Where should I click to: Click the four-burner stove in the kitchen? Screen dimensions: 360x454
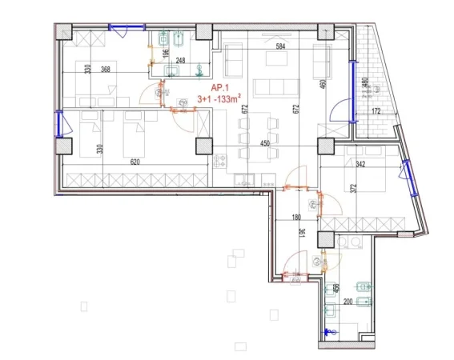tap(219, 161)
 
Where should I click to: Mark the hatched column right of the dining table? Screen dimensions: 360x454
tap(325, 146)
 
